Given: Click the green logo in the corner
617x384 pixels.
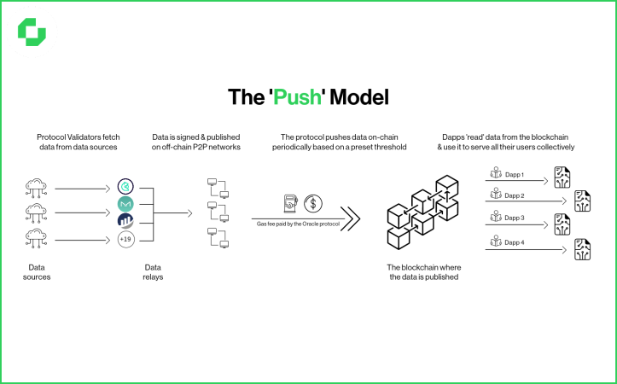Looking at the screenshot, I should pyautogui.click(x=32, y=32).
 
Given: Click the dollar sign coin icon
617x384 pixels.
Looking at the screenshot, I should pyautogui.click(x=313, y=203).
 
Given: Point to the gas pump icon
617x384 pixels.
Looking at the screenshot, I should pyautogui.click(x=290, y=203).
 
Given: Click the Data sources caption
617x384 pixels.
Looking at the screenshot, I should pyautogui.click(x=36, y=271).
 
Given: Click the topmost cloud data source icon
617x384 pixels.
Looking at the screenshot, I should pyautogui.click(x=36, y=187).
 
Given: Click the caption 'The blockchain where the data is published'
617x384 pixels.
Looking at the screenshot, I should pyautogui.click(x=424, y=271).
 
